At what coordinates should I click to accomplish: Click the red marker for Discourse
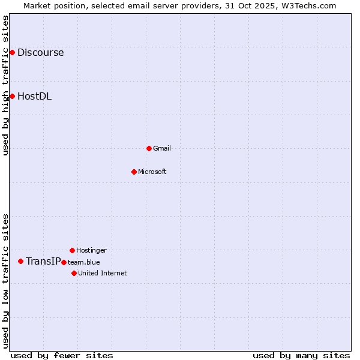click(x=12, y=53)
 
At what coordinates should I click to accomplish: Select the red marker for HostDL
click(x=12, y=96)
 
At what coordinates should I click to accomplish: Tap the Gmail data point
click(x=149, y=148)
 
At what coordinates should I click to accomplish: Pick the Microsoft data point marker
click(x=134, y=172)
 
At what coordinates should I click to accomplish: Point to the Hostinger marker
click(x=72, y=250)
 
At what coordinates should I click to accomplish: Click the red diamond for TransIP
click(x=20, y=261)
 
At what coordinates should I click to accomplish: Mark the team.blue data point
click(x=64, y=262)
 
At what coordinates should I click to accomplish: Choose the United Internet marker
click(x=74, y=273)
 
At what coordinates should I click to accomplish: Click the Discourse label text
click(x=40, y=53)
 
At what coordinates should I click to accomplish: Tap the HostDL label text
click(x=34, y=96)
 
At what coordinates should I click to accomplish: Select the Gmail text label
click(x=162, y=148)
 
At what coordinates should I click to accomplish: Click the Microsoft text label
click(x=152, y=172)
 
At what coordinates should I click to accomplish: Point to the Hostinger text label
click(x=91, y=250)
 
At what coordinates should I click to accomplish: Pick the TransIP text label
click(x=43, y=261)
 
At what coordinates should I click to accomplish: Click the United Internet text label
click(x=103, y=273)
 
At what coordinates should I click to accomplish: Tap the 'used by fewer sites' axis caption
click(x=62, y=355)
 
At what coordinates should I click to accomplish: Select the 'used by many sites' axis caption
click(x=301, y=355)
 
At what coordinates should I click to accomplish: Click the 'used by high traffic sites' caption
click(x=5, y=85)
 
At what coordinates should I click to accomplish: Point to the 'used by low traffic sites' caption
click(x=5, y=281)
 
